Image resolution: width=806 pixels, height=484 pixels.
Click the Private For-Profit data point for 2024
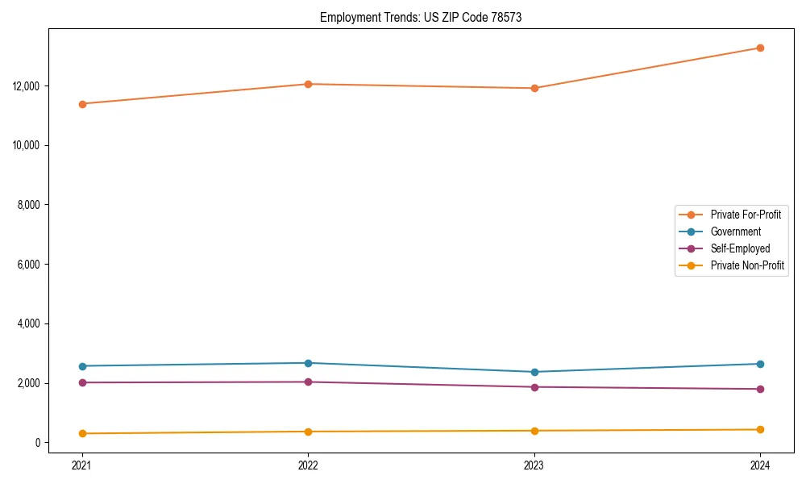click(x=760, y=48)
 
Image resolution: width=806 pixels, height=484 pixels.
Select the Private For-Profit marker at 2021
click(x=82, y=103)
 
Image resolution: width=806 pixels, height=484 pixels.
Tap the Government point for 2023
click(x=534, y=372)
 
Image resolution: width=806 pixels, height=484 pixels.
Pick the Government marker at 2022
click(x=308, y=363)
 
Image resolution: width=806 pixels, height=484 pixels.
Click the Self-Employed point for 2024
click(x=760, y=389)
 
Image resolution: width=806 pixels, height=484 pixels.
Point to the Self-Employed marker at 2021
click(x=82, y=382)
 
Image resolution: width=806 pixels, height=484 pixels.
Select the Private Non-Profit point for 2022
click(x=308, y=432)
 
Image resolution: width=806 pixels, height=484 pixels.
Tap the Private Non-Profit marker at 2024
click(x=760, y=429)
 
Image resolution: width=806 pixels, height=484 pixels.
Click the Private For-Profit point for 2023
click(x=534, y=88)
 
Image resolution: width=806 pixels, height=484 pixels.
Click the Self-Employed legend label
click(x=740, y=248)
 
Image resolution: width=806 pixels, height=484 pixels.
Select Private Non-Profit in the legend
click(x=747, y=265)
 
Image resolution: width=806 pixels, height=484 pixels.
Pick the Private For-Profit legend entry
click(x=745, y=215)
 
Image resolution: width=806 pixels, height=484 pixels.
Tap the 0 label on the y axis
click(x=37, y=442)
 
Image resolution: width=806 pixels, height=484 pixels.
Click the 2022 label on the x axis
click(x=308, y=465)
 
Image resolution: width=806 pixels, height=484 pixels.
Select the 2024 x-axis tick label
click(x=760, y=465)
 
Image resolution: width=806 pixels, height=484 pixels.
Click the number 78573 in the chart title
click(x=504, y=17)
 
